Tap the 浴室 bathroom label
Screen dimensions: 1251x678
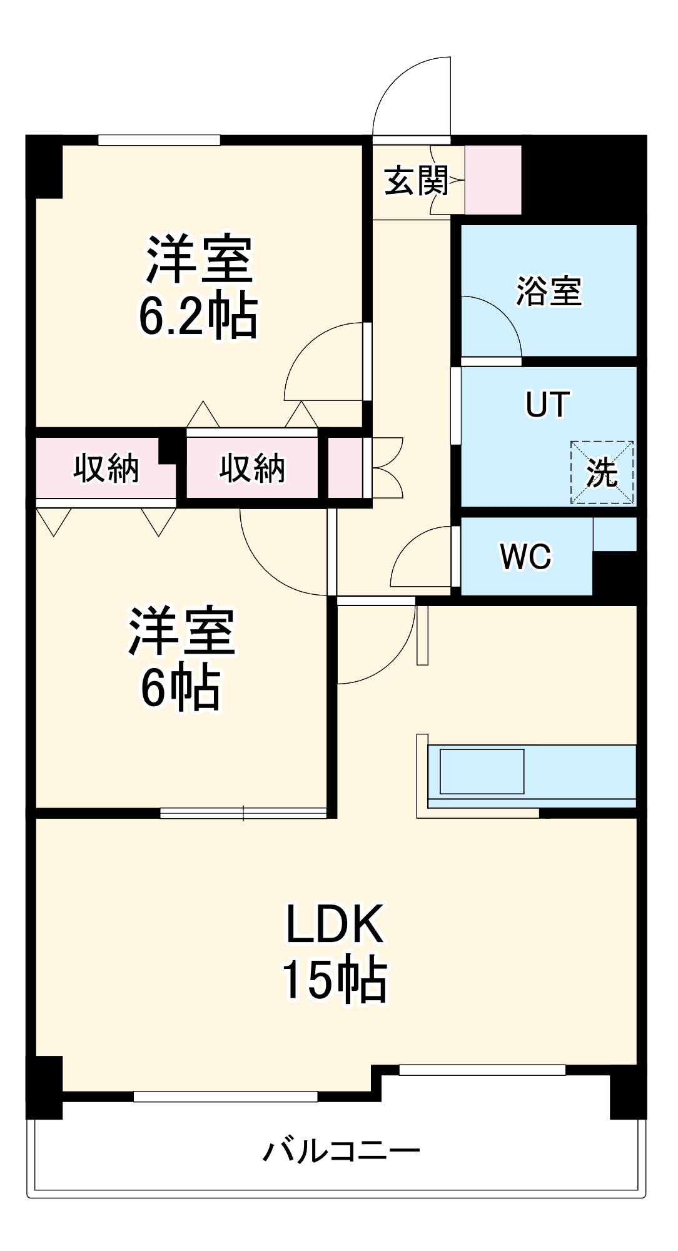tap(549, 291)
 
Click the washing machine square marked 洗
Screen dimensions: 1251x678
tap(602, 472)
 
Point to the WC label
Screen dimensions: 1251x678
tap(525, 556)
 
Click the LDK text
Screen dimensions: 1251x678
tap(335, 924)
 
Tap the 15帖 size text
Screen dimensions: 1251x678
tap(335, 980)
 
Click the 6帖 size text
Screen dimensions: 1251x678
tap(180, 688)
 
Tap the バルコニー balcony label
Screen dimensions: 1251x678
tap(341, 1151)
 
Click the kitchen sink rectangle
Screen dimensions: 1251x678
tap(482, 771)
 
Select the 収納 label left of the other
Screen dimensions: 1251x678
tap(106, 468)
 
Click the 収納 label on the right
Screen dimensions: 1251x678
tap(252, 468)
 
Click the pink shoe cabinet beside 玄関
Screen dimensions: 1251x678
tap(493, 180)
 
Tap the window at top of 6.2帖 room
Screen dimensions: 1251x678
tap(159, 140)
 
